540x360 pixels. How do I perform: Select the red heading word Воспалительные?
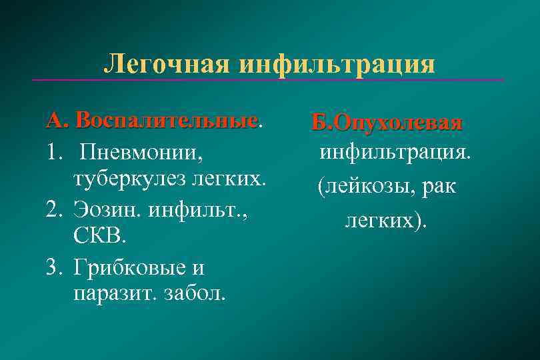(x=166, y=121)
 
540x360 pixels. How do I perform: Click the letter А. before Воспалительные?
(x=57, y=121)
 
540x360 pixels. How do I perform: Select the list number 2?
(x=54, y=211)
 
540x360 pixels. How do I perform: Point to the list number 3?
(x=54, y=267)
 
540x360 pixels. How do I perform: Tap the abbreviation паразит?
(x=110, y=293)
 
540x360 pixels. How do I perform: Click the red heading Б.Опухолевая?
(x=387, y=123)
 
